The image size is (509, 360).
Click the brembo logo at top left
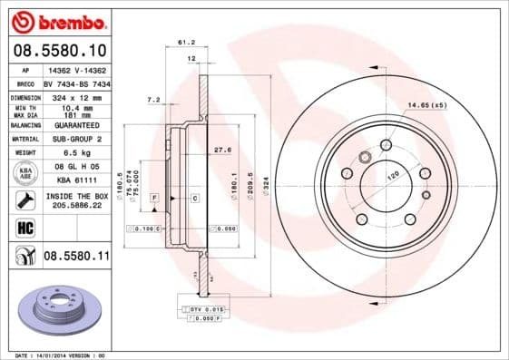tap(57, 21)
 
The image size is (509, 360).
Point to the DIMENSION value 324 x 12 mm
tap(77, 97)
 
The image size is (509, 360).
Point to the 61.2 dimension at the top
tap(186, 42)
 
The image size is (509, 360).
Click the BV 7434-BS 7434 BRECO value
tap(77, 83)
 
